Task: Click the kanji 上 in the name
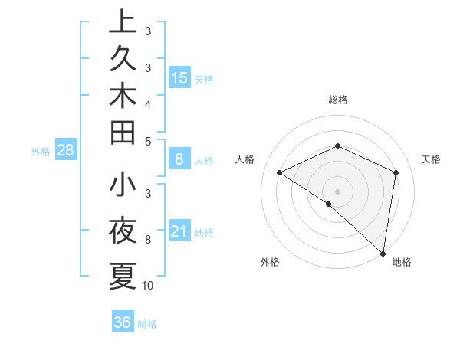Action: point(123,23)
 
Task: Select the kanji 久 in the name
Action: point(123,60)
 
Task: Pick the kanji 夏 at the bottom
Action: point(123,276)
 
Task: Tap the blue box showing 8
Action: point(179,159)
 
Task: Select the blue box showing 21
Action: point(179,231)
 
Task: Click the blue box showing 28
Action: point(65,150)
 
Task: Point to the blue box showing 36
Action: point(122,322)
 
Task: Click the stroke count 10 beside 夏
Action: point(149,286)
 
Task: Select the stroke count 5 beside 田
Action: point(148,141)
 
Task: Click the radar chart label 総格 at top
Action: point(337,100)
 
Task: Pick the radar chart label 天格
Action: point(431,159)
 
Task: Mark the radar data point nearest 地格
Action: point(383,253)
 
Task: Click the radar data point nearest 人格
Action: point(280,172)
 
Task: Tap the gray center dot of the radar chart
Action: point(337,191)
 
